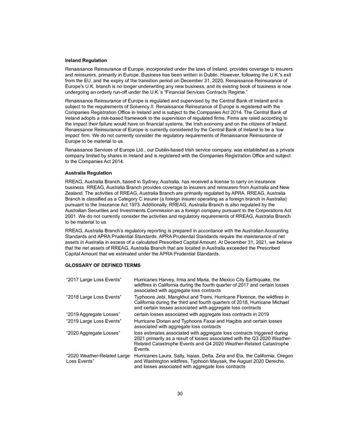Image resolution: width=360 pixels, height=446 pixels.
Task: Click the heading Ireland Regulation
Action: coord(86,61)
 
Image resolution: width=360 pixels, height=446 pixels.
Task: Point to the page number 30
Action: coord(179,393)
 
